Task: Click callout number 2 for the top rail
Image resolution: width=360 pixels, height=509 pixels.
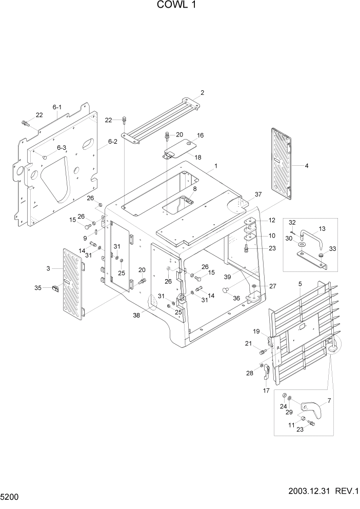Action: click(202, 93)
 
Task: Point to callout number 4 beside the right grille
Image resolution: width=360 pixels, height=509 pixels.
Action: click(306, 166)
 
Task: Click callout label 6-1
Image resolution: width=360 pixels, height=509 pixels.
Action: click(56, 107)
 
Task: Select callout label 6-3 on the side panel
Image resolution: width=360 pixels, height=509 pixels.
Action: click(62, 148)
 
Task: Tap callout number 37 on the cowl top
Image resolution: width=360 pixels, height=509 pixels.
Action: click(258, 194)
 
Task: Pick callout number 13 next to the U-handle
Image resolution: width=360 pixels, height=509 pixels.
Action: click(322, 229)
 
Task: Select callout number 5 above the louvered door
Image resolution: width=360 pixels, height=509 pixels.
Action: click(299, 284)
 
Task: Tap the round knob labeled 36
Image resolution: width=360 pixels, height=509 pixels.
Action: click(225, 290)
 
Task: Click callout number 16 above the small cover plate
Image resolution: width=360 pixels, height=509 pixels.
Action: click(200, 135)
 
